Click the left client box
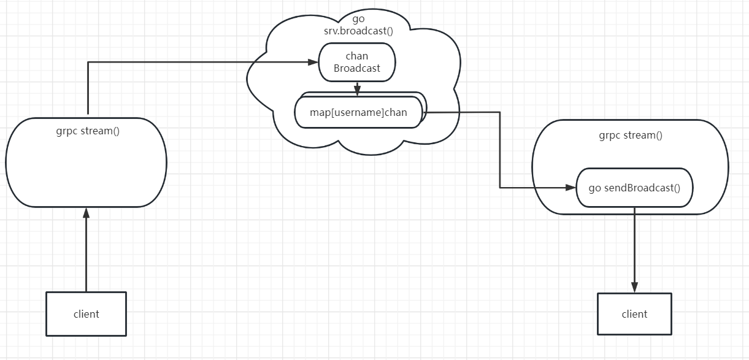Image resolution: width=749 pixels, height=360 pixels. pyautogui.click(x=86, y=313)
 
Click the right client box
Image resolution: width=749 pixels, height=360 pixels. pyautogui.click(x=634, y=314)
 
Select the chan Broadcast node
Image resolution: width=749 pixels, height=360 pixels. pyautogui.click(x=357, y=62)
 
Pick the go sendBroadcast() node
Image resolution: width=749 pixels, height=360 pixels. pyautogui.click(x=634, y=188)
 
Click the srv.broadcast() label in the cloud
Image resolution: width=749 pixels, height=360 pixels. pyautogui.click(x=358, y=30)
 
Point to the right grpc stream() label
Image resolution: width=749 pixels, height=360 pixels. pyautogui.click(x=631, y=135)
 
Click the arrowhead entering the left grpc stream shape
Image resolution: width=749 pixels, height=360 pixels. pyautogui.click(x=86, y=212)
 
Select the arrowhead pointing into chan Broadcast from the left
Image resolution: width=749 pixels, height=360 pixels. pyautogui.click(x=313, y=61)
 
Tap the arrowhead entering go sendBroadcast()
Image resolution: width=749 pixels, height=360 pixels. pyautogui.click(x=571, y=188)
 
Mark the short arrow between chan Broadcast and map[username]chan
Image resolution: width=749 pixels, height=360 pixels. pyautogui.click(x=357, y=87)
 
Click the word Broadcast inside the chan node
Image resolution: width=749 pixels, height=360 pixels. pyautogui.click(x=357, y=68)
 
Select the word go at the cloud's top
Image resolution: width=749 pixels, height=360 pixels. pyautogui.click(x=358, y=18)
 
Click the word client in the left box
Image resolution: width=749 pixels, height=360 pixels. pyautogui.click(x=86, y=313)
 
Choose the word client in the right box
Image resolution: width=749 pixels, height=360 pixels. pyautogui.click(x=634, y=314)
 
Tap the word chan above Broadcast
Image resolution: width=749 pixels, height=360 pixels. pyautogui.click(x=357, y=56)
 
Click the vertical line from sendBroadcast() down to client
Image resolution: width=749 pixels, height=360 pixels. pyautogui.click(x=634, y=245)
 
